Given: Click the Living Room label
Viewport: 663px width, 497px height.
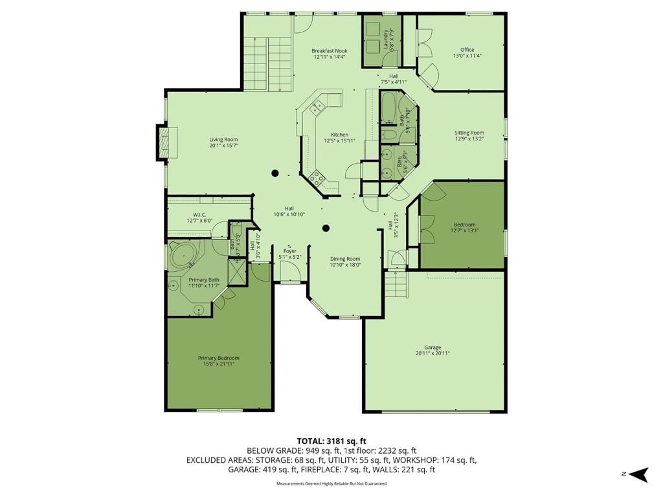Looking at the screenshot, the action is coord(223,140).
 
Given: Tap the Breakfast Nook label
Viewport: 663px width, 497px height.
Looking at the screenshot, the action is coord(330,50).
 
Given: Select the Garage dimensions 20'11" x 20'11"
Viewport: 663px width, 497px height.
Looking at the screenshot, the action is coord(433,353).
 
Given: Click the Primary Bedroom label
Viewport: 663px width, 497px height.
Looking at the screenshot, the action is coord(219,358).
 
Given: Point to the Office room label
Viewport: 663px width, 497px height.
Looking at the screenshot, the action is coord(467,49).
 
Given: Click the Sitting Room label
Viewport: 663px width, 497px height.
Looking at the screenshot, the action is coord(469,133).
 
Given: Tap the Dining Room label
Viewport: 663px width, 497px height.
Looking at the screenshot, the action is coord(345,259).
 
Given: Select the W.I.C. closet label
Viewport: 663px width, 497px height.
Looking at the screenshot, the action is coord(199,215).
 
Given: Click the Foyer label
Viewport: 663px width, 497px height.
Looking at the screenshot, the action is coord(290,251).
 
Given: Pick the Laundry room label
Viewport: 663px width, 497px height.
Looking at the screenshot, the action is coord(386,39).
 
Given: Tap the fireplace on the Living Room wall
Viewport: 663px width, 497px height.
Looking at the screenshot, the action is coord(164,142).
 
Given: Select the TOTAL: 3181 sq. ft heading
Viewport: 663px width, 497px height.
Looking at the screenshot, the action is coord(331,441).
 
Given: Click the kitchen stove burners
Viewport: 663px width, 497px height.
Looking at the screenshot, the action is coord(317,178).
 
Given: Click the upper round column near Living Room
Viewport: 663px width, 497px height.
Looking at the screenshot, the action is coord(275,173).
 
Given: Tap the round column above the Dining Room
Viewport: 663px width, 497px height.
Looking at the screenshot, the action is coord(326,228).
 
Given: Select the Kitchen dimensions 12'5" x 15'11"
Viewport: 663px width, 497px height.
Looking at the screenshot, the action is coord(339,140).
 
